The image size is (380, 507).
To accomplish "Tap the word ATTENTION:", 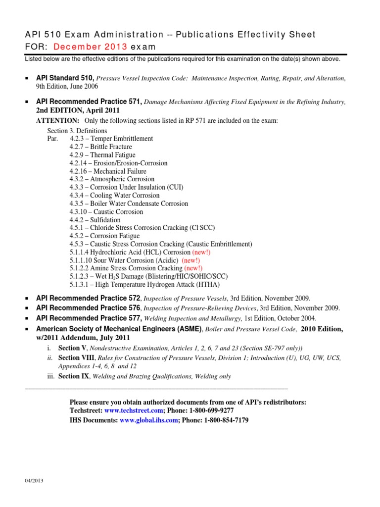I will point(57,121).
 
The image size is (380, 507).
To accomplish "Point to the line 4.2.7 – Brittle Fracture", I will point(101,147).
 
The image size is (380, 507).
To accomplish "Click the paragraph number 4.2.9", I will point(79,155).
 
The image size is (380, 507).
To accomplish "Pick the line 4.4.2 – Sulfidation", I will point(95,220).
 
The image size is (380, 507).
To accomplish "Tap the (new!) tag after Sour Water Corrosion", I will point(191,260).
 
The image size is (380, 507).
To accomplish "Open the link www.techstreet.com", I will point(134,411).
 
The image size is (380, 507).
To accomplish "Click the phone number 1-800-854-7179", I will point(225,420).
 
